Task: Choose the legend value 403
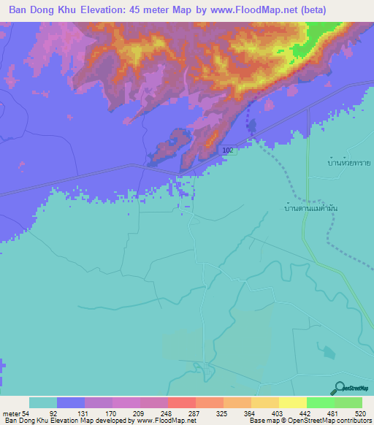point(279,413)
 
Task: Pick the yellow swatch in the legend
point(292,402)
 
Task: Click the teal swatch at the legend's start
point(43,402)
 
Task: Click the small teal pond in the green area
point(330,352)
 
